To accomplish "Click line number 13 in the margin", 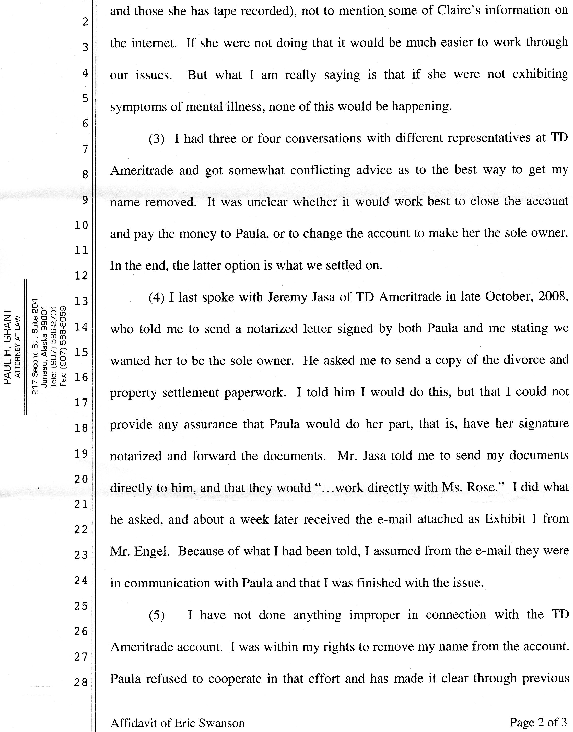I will point(81,301).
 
